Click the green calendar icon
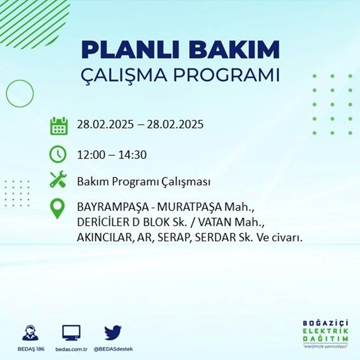58,126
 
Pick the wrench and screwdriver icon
58,179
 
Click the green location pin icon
58,209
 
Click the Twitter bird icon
113,333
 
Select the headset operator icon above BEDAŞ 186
30,333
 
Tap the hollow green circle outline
20,93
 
